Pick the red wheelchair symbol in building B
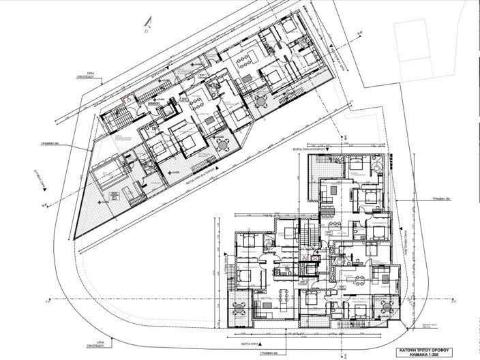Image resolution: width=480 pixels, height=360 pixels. tap(125, 98)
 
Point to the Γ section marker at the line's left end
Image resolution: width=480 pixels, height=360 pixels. tap(46, 300)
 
